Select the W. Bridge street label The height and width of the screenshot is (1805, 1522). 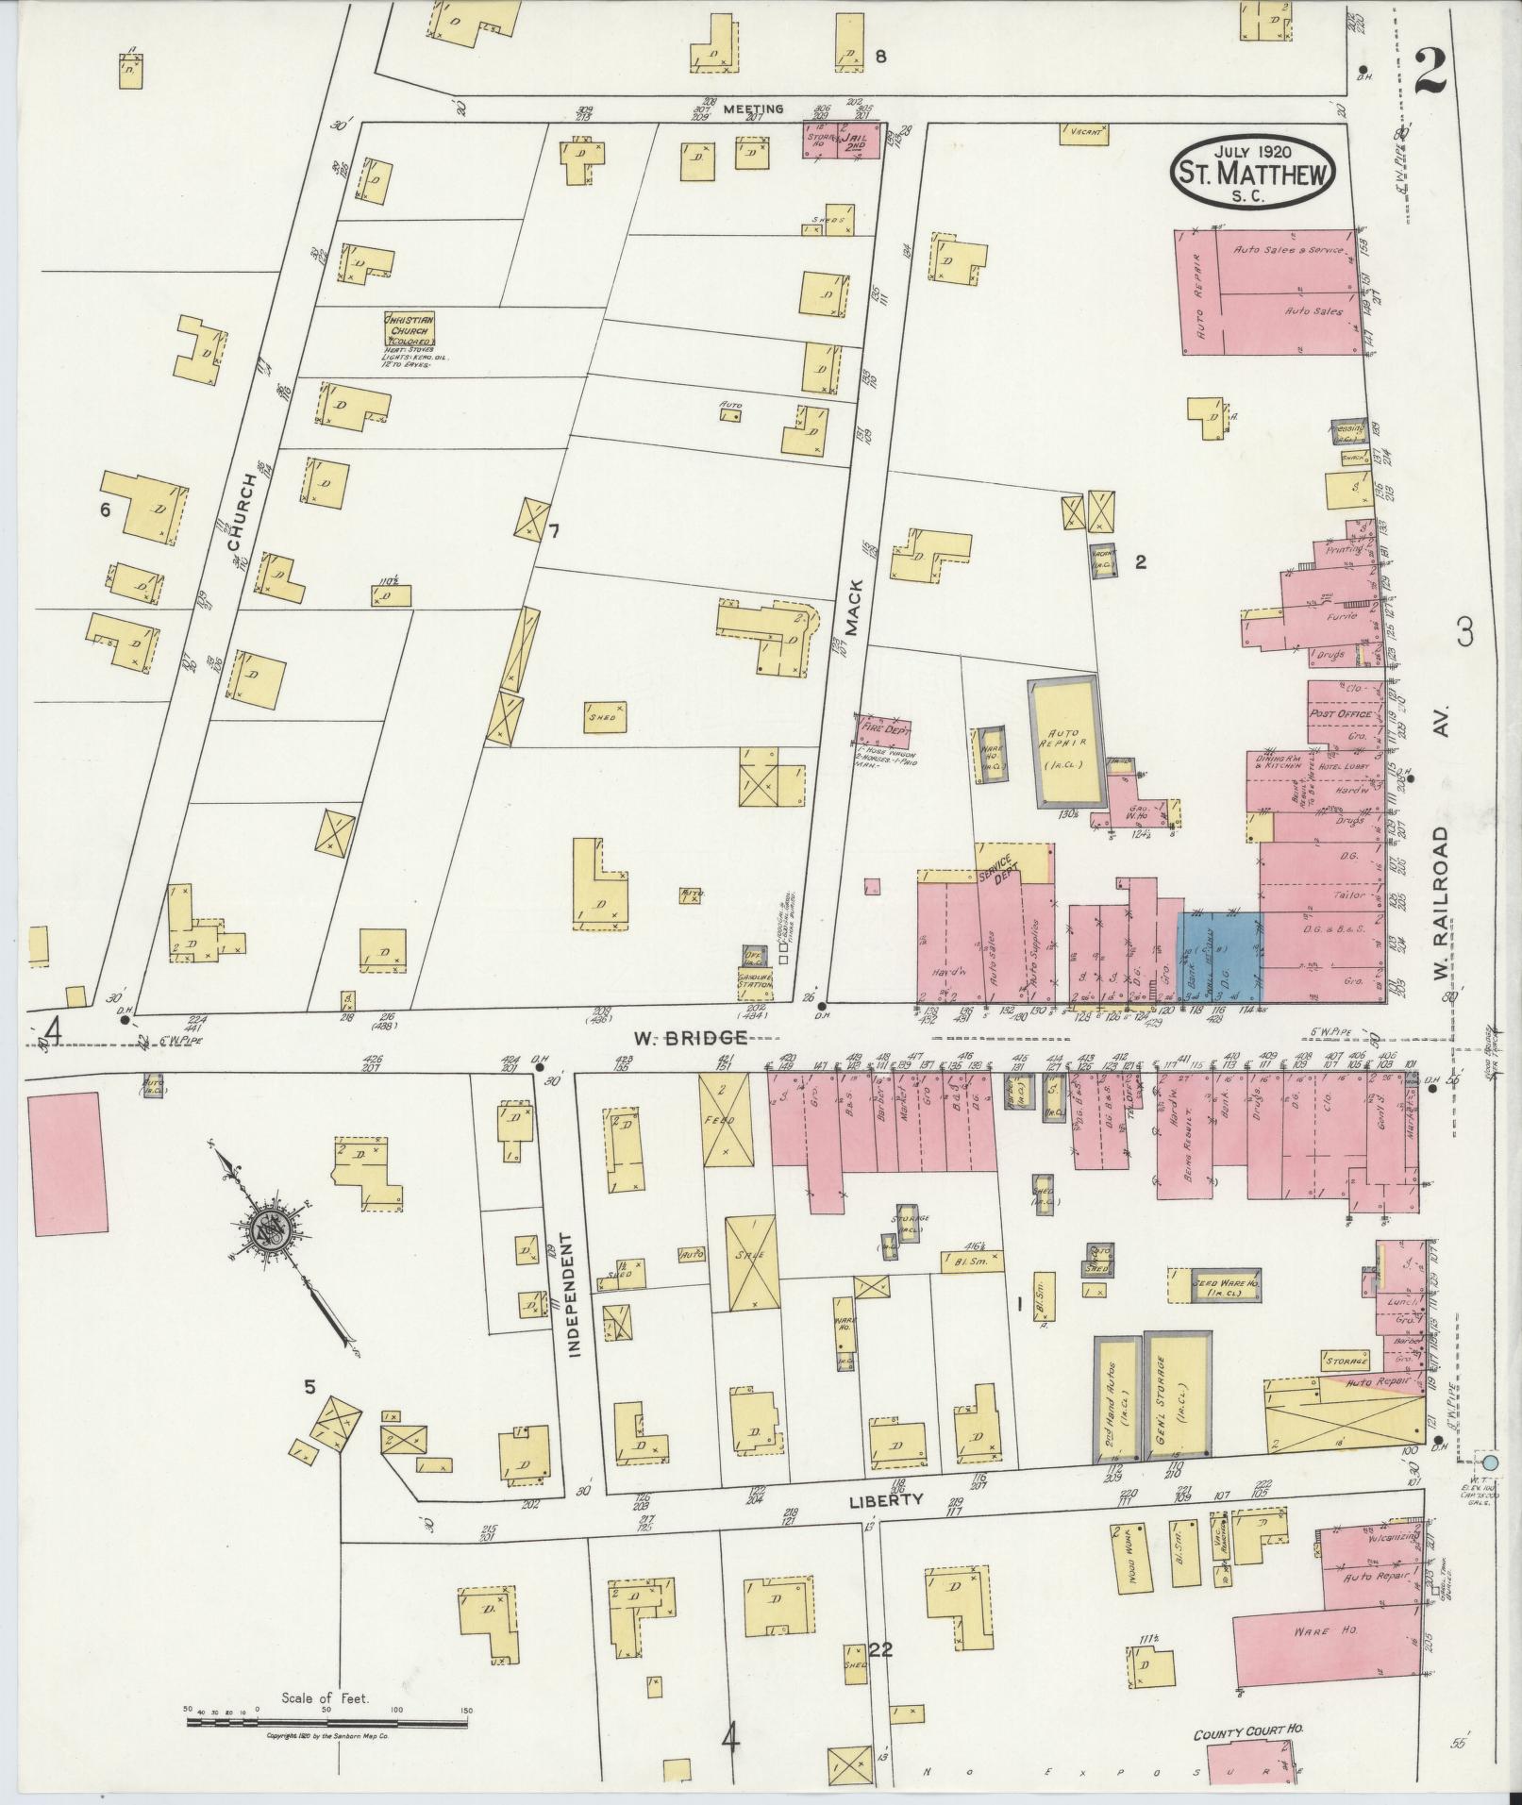(x=689, y=1038)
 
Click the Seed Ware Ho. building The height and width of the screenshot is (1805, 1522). (x=1213, y=1286)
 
